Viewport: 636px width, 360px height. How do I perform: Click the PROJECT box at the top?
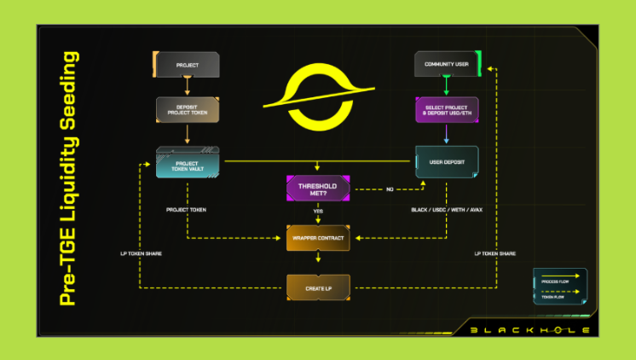[x=187, y=65]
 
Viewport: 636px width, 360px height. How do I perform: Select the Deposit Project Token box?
[x=187, y=110]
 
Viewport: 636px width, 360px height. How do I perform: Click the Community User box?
[x=447, y=65]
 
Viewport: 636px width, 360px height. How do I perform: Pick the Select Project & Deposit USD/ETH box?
[x=447, y=110]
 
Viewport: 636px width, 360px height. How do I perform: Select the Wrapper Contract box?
[x=317, y=238]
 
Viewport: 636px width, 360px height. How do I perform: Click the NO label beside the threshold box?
[x=390, y=189]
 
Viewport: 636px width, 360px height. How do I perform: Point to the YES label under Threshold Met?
[x=317, y=212]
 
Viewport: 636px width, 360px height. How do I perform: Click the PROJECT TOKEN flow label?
[x=187, y=209]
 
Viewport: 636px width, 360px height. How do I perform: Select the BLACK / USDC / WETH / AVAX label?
[x=447, y=209]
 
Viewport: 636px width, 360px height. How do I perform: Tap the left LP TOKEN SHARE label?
[x=142, y=253]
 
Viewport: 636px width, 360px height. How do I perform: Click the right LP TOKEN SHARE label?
[x=494, y=253]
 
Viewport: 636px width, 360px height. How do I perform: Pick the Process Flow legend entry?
[x=562, y=278]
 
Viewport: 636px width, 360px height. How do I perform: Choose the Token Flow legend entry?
[x=562, y=294]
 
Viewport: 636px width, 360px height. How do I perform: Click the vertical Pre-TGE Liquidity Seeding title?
[x=69, y=180]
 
